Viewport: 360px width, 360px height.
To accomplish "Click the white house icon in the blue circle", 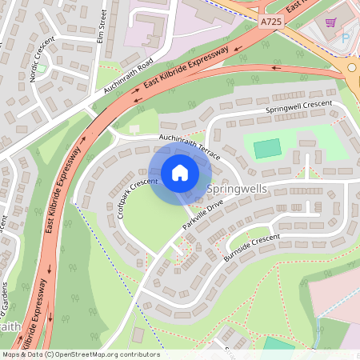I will [180, 173].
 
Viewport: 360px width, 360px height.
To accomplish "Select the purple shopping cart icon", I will [331, 24].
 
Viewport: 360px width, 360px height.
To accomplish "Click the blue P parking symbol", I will [346, 38].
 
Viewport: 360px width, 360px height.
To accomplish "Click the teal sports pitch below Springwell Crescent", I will [267, 148].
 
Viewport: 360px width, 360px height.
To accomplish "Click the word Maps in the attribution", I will [10, 354].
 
